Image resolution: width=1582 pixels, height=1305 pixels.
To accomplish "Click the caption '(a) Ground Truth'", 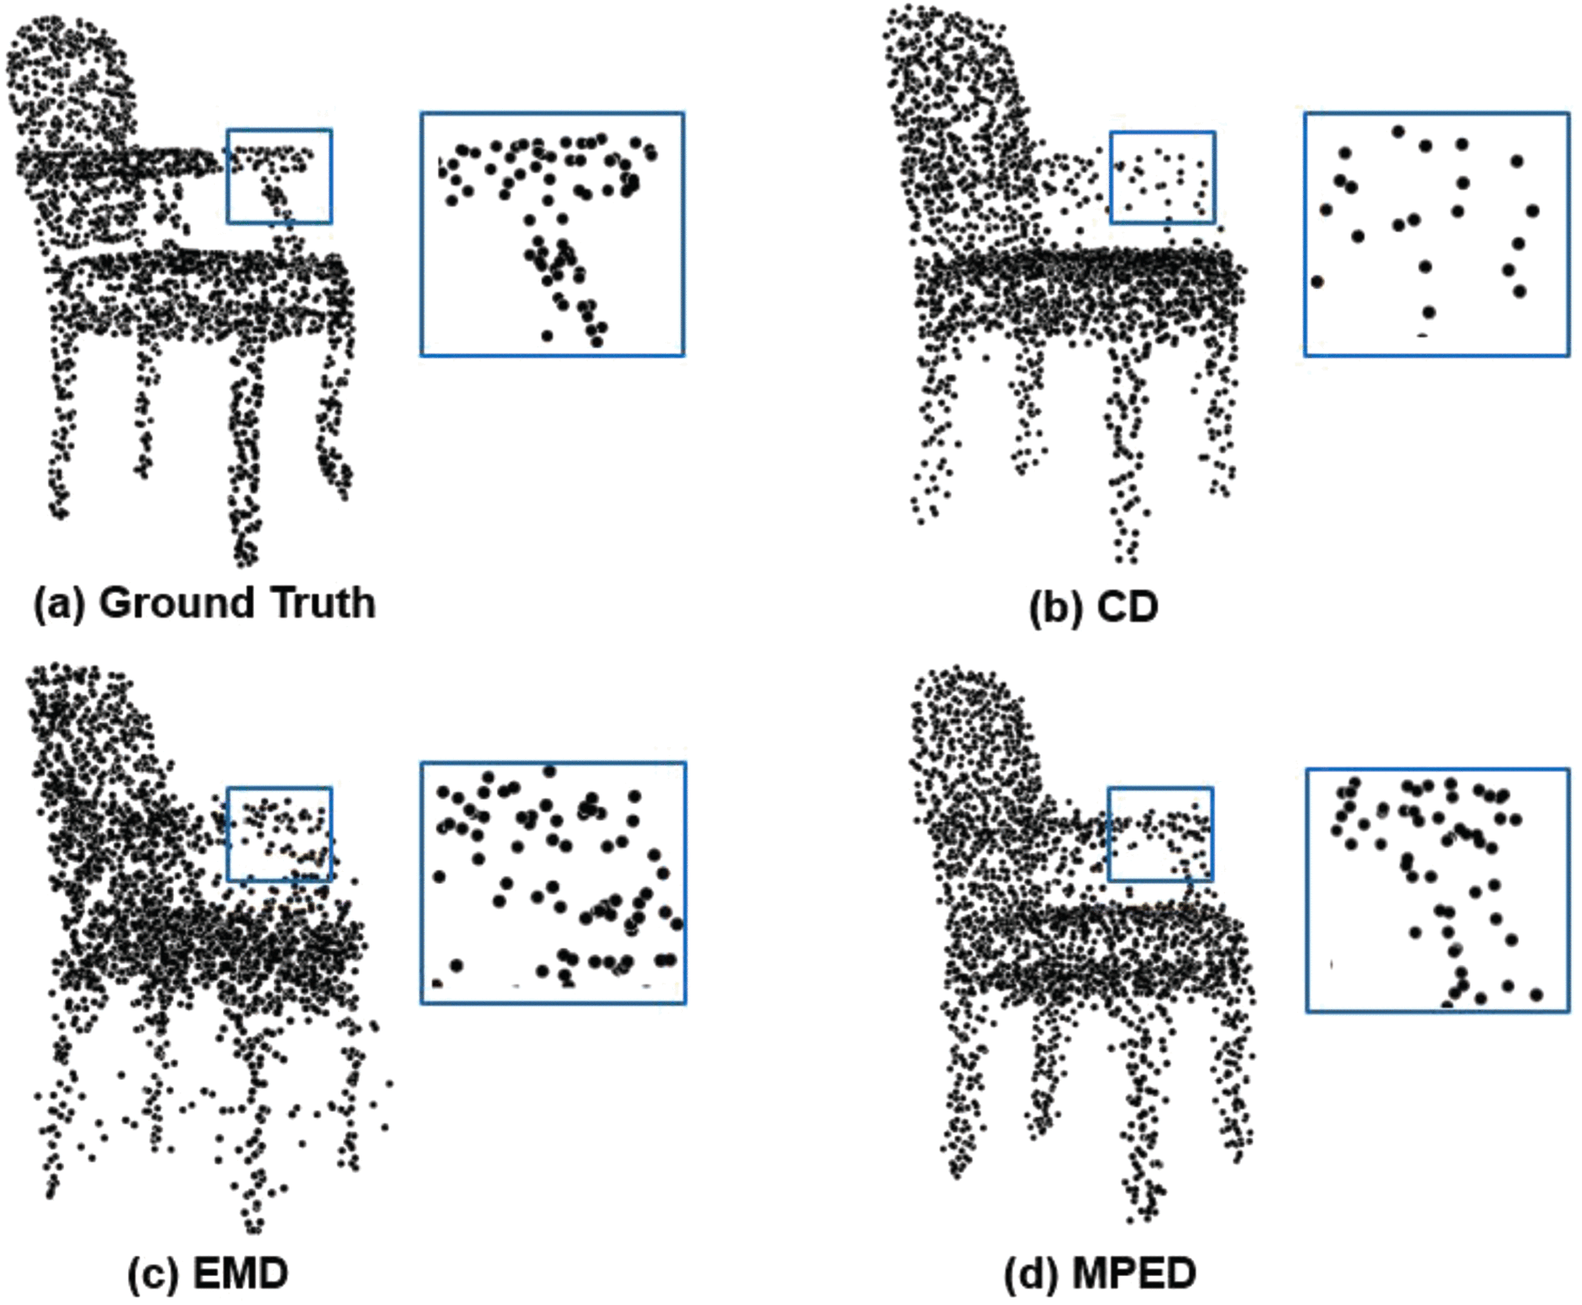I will pyautogui.click(x=204, y=603).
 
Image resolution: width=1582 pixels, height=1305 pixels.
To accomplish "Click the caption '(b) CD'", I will pyautogui.click(x=1093, y=606).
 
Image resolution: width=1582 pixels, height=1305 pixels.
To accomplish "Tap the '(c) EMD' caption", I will pyautogui.click(x=207, y=1273).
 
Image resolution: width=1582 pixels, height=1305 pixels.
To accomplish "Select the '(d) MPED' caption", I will pyautogui.click(x=1099, y=1273).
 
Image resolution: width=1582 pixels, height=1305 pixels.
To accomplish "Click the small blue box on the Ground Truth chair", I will pyautogui.click(x=279, y=176).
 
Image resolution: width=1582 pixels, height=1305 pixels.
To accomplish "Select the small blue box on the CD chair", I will pyautogui.click(x=1162, y=177).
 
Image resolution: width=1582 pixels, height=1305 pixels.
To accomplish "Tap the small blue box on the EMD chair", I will pyautogui.click(x=279, y=834).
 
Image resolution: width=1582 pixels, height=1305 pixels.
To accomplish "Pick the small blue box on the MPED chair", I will pyautogui.click(x=1160, y=834).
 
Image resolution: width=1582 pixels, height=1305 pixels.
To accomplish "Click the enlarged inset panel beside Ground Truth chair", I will pyautogui.click(x=552, y=234).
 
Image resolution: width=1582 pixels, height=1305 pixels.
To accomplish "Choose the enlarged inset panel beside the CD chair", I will pyautogui.click(x=1436, y=234).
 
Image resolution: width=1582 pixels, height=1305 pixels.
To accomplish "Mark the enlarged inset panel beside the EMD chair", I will pyautogui.click(x=553, y=883).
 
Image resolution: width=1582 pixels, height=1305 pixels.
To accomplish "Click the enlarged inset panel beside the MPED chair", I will pyautogui.click(x=1437, y=890).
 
